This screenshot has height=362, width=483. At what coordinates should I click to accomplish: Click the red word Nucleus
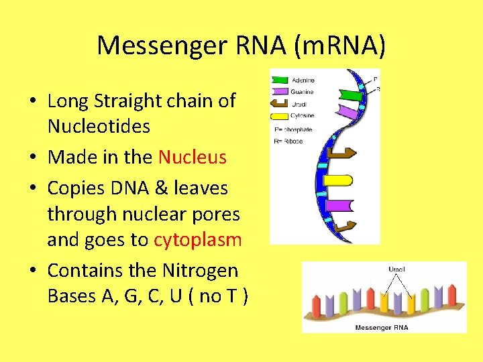click(193, 158)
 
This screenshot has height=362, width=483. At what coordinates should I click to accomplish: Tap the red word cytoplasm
click(198, 240)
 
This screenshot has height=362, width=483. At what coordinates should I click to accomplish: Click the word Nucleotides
click(99, 127)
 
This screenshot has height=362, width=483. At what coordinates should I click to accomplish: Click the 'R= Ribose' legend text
click(289, 141)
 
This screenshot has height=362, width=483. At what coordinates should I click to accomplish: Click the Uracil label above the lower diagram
click(396, 269)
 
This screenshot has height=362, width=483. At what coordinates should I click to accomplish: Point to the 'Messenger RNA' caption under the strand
click(382, 327)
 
